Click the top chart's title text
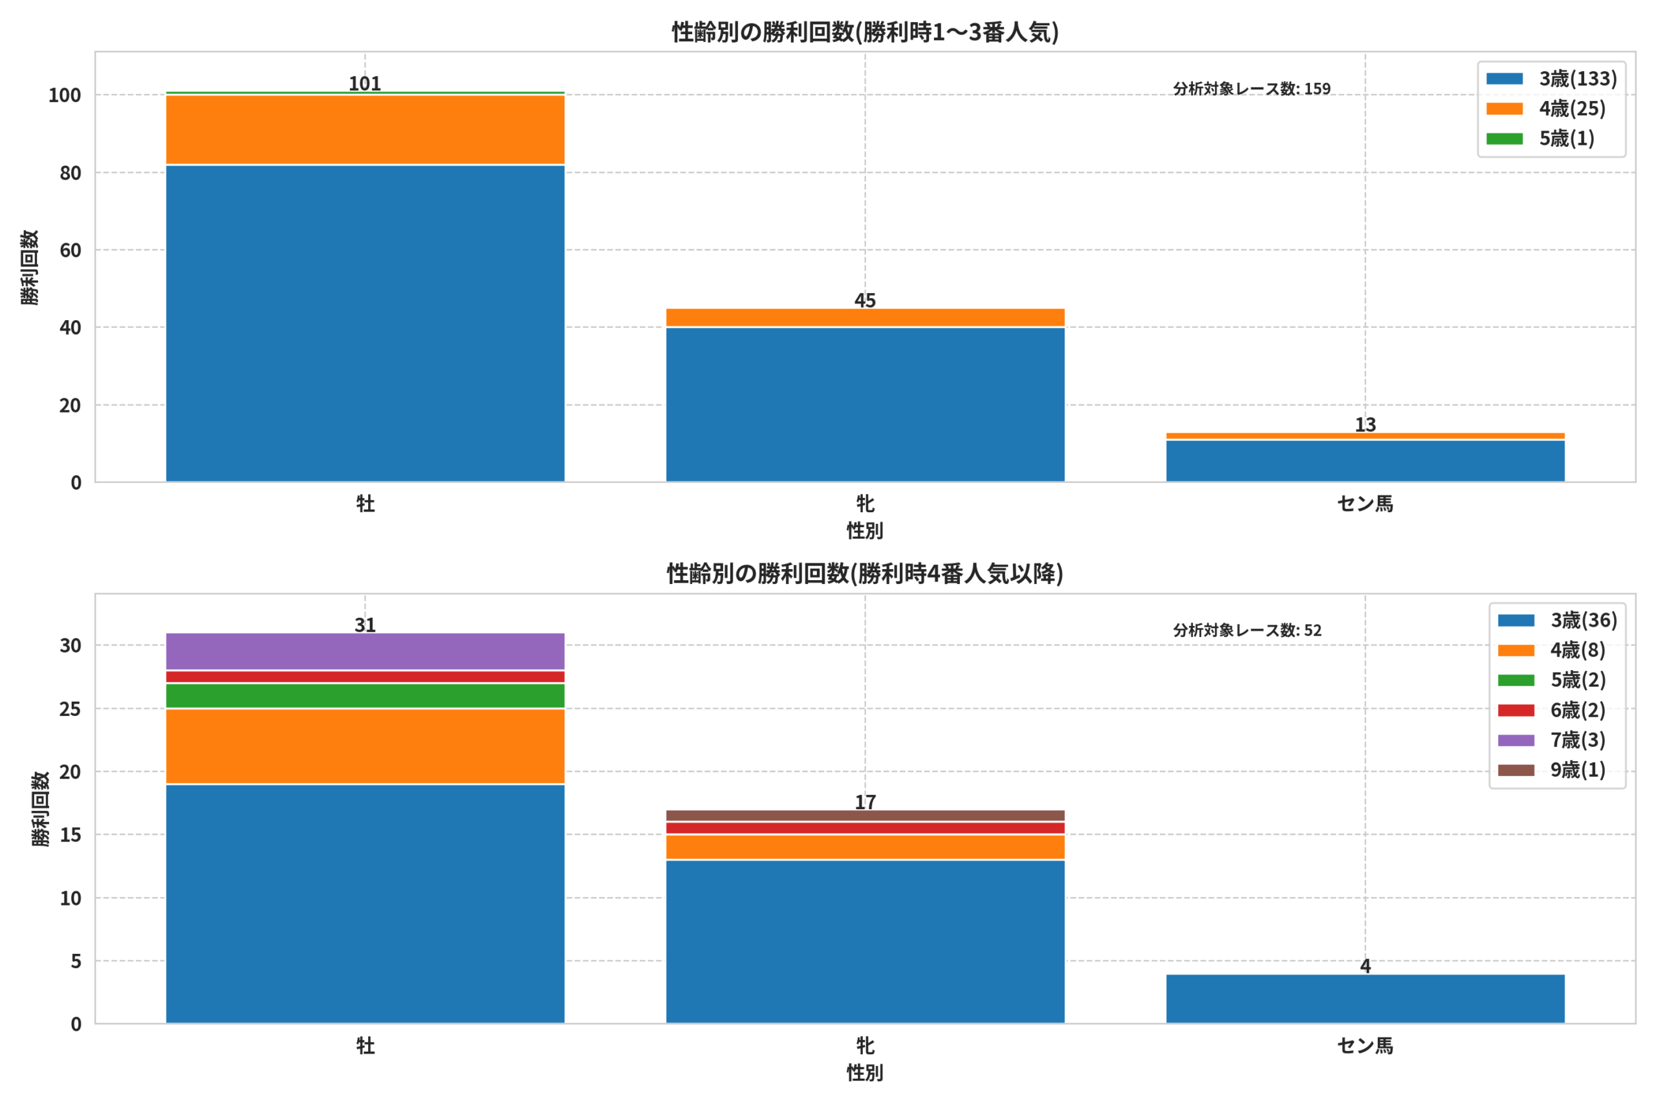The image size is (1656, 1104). pyautogui.click(x=866, y=32)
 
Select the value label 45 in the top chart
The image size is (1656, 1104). pyautogui.click(x=866, y=300)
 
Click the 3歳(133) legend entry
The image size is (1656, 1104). pyautogui.click(x=1552, y=78)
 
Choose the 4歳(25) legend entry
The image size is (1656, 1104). pyautogui.click(x=1546, y=109)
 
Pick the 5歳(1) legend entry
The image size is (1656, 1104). pyautogui.click(x=1540, y=138)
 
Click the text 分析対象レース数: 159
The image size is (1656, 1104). pyautogui.click(x=1252, y=89)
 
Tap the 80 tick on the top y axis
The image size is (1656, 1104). pyautogui.click(x=71, y=173)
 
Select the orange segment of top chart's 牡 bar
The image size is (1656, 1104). pyautogui.click(x=365, y=129)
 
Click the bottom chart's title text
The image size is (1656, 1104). pyautogui.click(x=866, y=574)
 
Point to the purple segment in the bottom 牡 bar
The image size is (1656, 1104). pyautogui.click(x=365, y=651)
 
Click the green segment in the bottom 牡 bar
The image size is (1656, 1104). pyautogui.click(x=365, y=696)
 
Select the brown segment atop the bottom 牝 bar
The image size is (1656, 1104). pyautogui.click(x=866, y=816)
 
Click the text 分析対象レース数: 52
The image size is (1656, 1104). pyautogui.click(x=1248, y=630)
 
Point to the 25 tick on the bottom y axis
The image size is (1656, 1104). pyautogui.click(x=71, y=708)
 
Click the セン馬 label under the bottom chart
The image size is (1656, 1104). pyautogui.click(x=1365, y=1046)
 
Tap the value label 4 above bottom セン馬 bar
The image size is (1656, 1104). pyautogui.click(x=1365, y=966)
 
